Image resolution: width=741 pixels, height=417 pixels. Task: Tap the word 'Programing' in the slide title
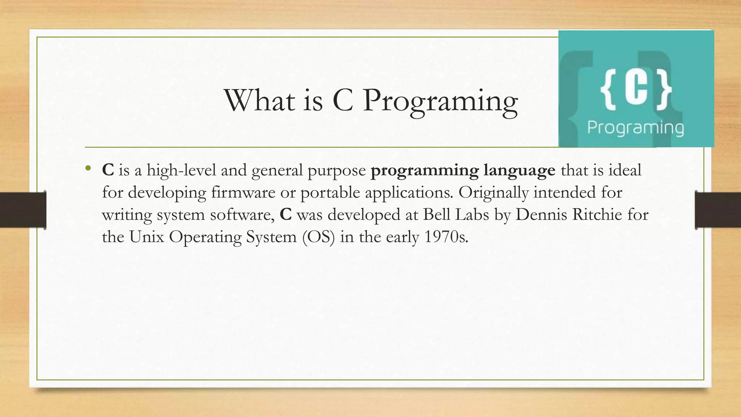pyautogui.click(x=440, y=102)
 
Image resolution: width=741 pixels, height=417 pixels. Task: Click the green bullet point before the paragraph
pyautogui.click(x=88, y=168)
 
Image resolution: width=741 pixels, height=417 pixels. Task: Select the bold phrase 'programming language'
pyautogui.click(x=463, y=170)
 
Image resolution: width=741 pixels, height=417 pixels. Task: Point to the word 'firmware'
pyautogui.click(x=243, y=192)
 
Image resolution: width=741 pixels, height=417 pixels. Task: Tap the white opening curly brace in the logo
pyautogui.click(x=608, y=89)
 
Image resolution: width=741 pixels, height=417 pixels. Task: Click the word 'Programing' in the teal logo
pyautogui.click(x=635, y=128)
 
